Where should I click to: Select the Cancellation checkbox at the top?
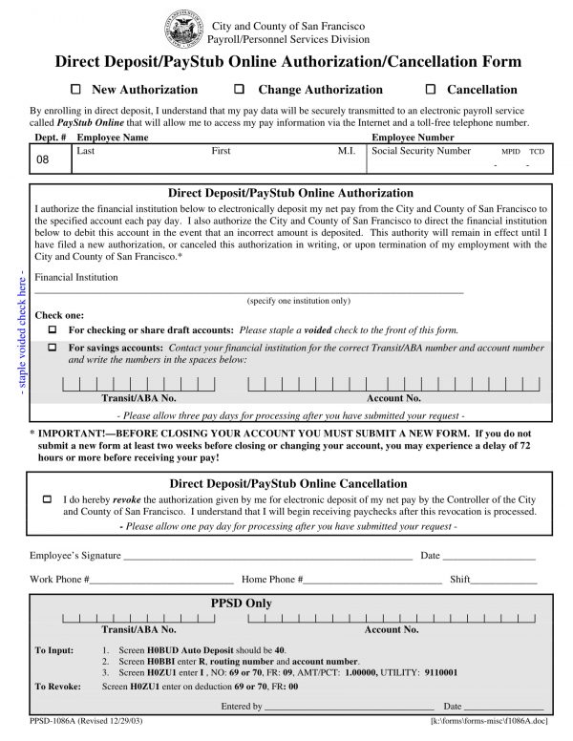429,90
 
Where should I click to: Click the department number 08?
42,159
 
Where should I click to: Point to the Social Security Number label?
421,151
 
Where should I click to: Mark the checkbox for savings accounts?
53,348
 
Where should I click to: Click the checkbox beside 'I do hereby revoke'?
47,499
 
